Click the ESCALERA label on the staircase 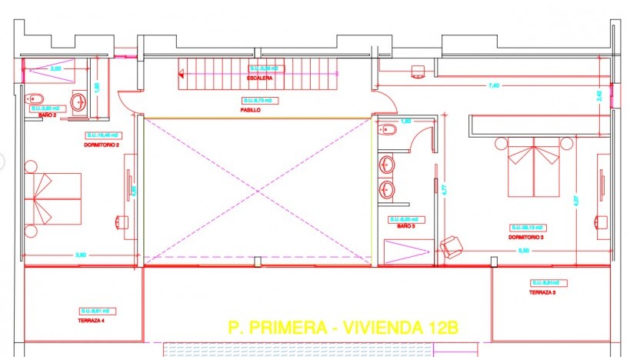click(259, 78)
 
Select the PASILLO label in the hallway click(250, 110)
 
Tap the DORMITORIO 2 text click(102, 144)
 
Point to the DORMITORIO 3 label click(525, 236)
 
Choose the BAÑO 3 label click(405, 226)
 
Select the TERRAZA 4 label click(95, 319)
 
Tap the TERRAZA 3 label click(542, 292)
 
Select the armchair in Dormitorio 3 click(451, 247)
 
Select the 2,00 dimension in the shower click(55, 68)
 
